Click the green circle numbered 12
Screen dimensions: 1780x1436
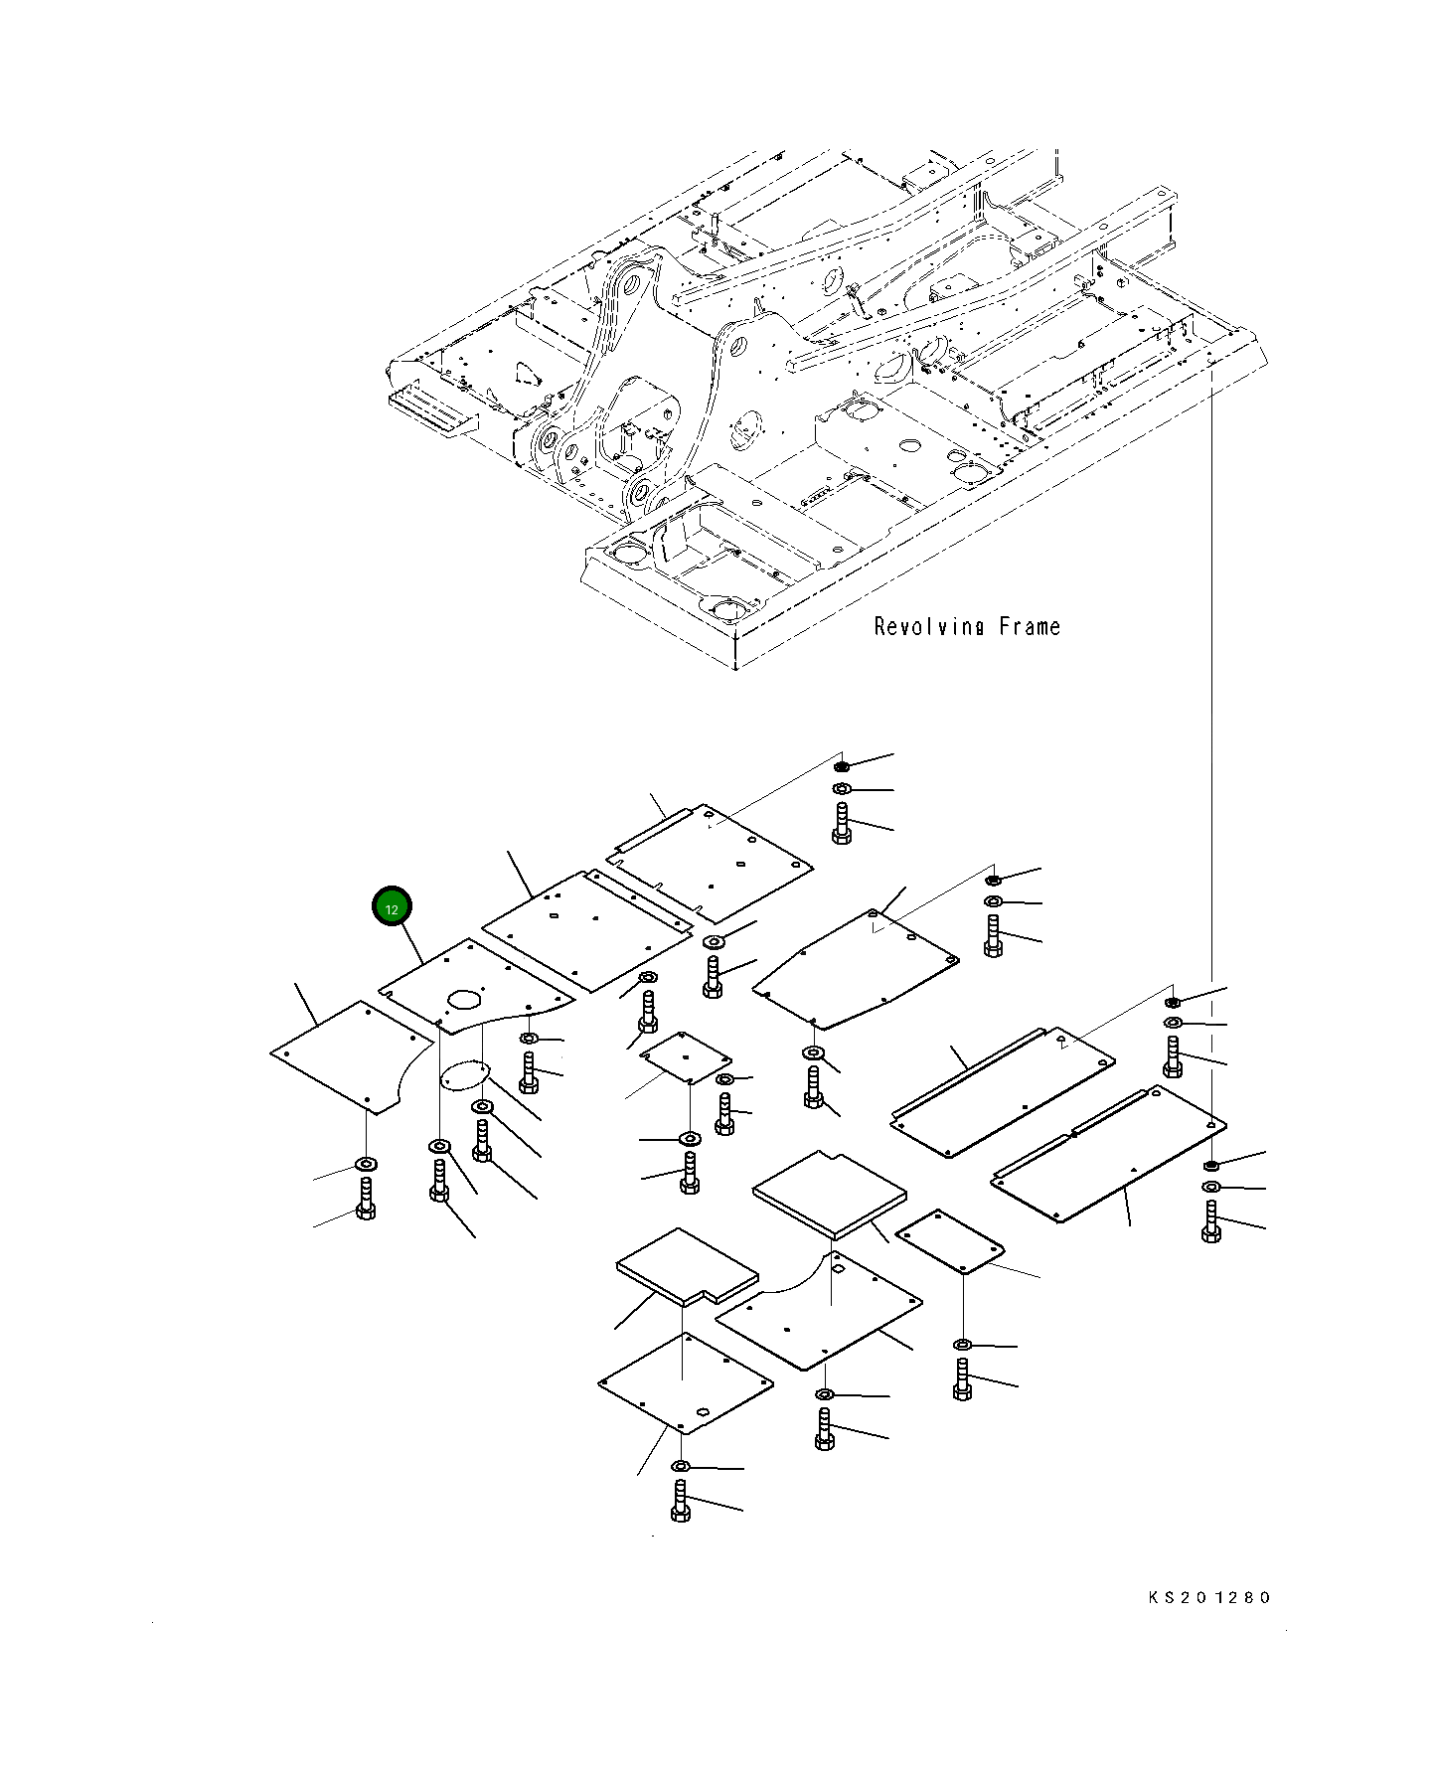coord(392,907)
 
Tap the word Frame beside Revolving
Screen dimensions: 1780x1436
coord(1030,627)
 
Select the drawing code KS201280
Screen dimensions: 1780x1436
coord(1208,1598)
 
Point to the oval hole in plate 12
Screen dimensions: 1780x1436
coord(464,998)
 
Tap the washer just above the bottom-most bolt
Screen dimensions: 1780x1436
coord(681,1467)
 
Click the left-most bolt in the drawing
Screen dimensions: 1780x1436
coord(366,1199)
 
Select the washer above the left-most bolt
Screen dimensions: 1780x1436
coord(366,1164)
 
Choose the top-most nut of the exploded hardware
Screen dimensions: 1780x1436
coord(842,766)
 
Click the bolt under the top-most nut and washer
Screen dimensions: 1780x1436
coord(842,824)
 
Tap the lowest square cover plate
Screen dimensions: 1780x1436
coord(686,1383)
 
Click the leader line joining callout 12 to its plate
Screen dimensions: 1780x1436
coord(409,943)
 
